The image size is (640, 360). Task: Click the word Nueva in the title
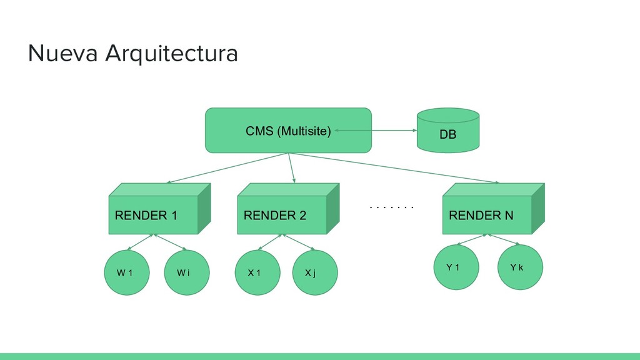coord(63,54)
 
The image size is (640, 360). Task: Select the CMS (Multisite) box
coord(288,131)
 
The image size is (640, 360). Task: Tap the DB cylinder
coord(448,131)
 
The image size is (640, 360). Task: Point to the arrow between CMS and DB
coord(376,131)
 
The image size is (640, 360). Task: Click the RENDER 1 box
coord(159,209)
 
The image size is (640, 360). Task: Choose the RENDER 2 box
coord(289,209)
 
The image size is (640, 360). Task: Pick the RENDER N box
coord(494,209)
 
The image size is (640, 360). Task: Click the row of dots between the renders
coord(391,207)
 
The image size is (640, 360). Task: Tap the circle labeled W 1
coord(127,272)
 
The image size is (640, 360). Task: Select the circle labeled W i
coord(187,272)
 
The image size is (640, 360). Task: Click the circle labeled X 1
coord(257,272)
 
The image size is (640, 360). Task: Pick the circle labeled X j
coord(315,272)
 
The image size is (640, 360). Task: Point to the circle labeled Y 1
coord(456,267)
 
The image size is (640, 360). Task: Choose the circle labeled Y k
coord(521,267)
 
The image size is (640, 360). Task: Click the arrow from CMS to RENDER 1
coord(227,168)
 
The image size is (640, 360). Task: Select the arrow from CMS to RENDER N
coord(394,168)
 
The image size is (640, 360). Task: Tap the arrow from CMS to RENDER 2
coord(291,168)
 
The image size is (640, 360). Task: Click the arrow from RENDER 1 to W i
coord(170,242)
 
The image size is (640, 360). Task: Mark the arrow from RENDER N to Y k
coord(504,239)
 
